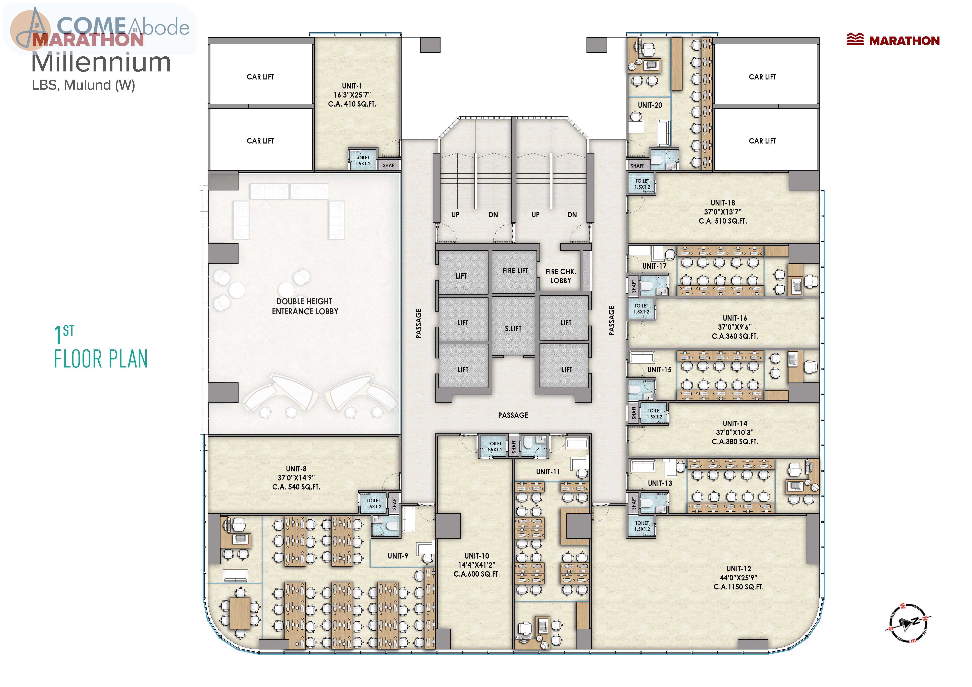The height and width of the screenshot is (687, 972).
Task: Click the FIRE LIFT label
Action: click(x=515, y=271)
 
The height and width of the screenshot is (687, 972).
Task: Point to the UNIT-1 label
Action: click(x=352, y=86)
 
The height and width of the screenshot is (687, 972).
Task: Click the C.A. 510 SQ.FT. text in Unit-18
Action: click(x=723, y=221)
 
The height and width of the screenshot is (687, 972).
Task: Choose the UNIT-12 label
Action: click(x=739, y=569)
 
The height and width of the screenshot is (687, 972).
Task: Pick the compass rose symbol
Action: click(x=909, y=622)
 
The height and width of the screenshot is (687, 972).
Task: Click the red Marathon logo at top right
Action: click(x=893, y=40)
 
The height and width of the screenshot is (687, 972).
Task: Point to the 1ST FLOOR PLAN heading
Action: click(x=101, y=347)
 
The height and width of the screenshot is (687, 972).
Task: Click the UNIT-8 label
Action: click(x=296, y=469)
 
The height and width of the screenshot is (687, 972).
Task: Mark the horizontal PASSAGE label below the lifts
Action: click(x=513, y=415)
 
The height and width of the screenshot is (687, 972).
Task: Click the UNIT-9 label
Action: click(x=398, y=556)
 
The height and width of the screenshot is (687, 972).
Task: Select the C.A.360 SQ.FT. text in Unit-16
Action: click(x=735, y=336)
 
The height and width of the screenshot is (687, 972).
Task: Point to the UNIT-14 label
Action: click(x=735, y=423)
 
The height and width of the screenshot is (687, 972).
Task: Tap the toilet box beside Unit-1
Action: click(x=362, y=159)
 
